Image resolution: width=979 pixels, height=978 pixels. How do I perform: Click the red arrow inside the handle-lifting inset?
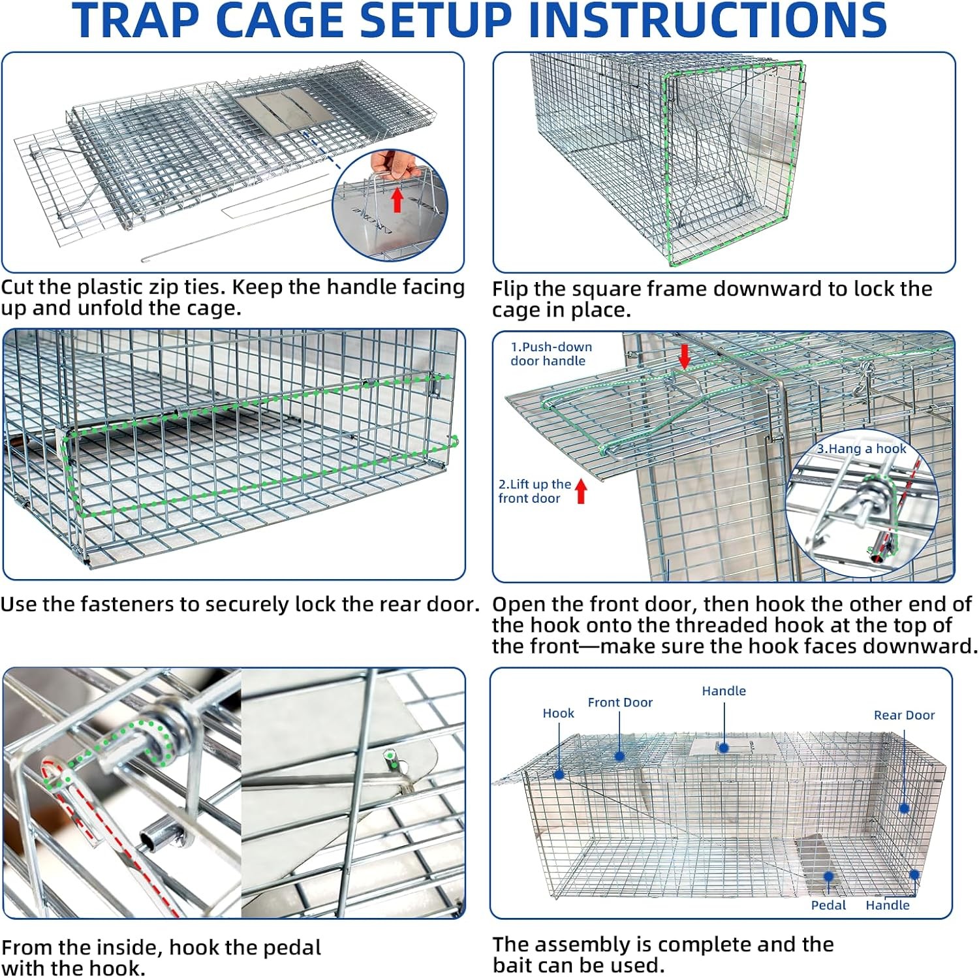click(397, 200)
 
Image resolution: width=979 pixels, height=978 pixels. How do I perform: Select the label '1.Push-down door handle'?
click(551, 354)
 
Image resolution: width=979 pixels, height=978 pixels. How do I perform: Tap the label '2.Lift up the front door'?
click(534, 491)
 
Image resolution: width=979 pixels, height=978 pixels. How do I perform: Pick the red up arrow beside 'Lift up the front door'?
click(581, 492)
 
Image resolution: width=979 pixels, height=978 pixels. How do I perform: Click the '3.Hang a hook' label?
click(862, 449)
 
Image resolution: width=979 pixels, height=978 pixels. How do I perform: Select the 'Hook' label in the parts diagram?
click(558, 714)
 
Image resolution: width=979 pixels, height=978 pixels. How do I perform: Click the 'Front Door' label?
click(620, 702)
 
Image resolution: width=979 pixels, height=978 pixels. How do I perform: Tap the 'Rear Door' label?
click(904, 716)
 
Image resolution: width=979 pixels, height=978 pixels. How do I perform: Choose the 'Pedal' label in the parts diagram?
click(828, 906)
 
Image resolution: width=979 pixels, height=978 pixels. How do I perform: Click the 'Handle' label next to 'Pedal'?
click(887, 906)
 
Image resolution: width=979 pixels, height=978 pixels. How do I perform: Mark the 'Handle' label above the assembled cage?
click(724, 691)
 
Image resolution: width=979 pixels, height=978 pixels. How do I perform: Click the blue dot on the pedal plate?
click(828, 876)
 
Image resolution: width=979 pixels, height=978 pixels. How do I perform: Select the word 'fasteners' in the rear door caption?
click(121, 605)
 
